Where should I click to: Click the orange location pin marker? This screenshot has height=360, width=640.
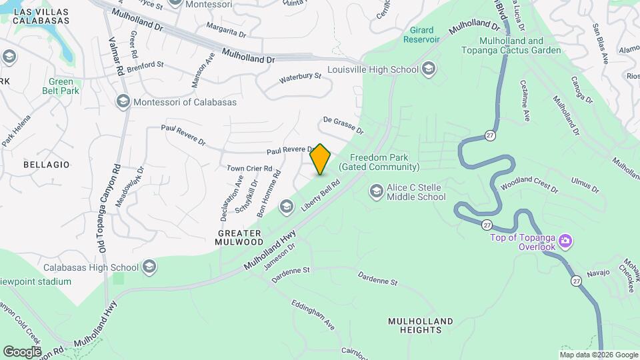tap(321, 159)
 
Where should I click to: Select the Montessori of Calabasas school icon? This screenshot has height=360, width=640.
tap(123, 101)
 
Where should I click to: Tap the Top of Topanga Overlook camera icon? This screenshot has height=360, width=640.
tap(565, 240)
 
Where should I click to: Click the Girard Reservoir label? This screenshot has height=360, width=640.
tap(421, 35)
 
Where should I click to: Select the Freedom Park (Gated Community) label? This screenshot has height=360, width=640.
tap(379, 163)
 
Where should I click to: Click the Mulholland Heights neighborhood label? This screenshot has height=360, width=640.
tap(420, 326)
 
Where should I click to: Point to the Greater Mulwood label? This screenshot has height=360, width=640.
tap(239, 237)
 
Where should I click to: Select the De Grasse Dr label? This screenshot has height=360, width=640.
tap(343, 125)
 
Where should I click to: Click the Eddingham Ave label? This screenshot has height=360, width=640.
tap(313, 315)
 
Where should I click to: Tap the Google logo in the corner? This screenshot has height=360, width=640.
tap(22, 351)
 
